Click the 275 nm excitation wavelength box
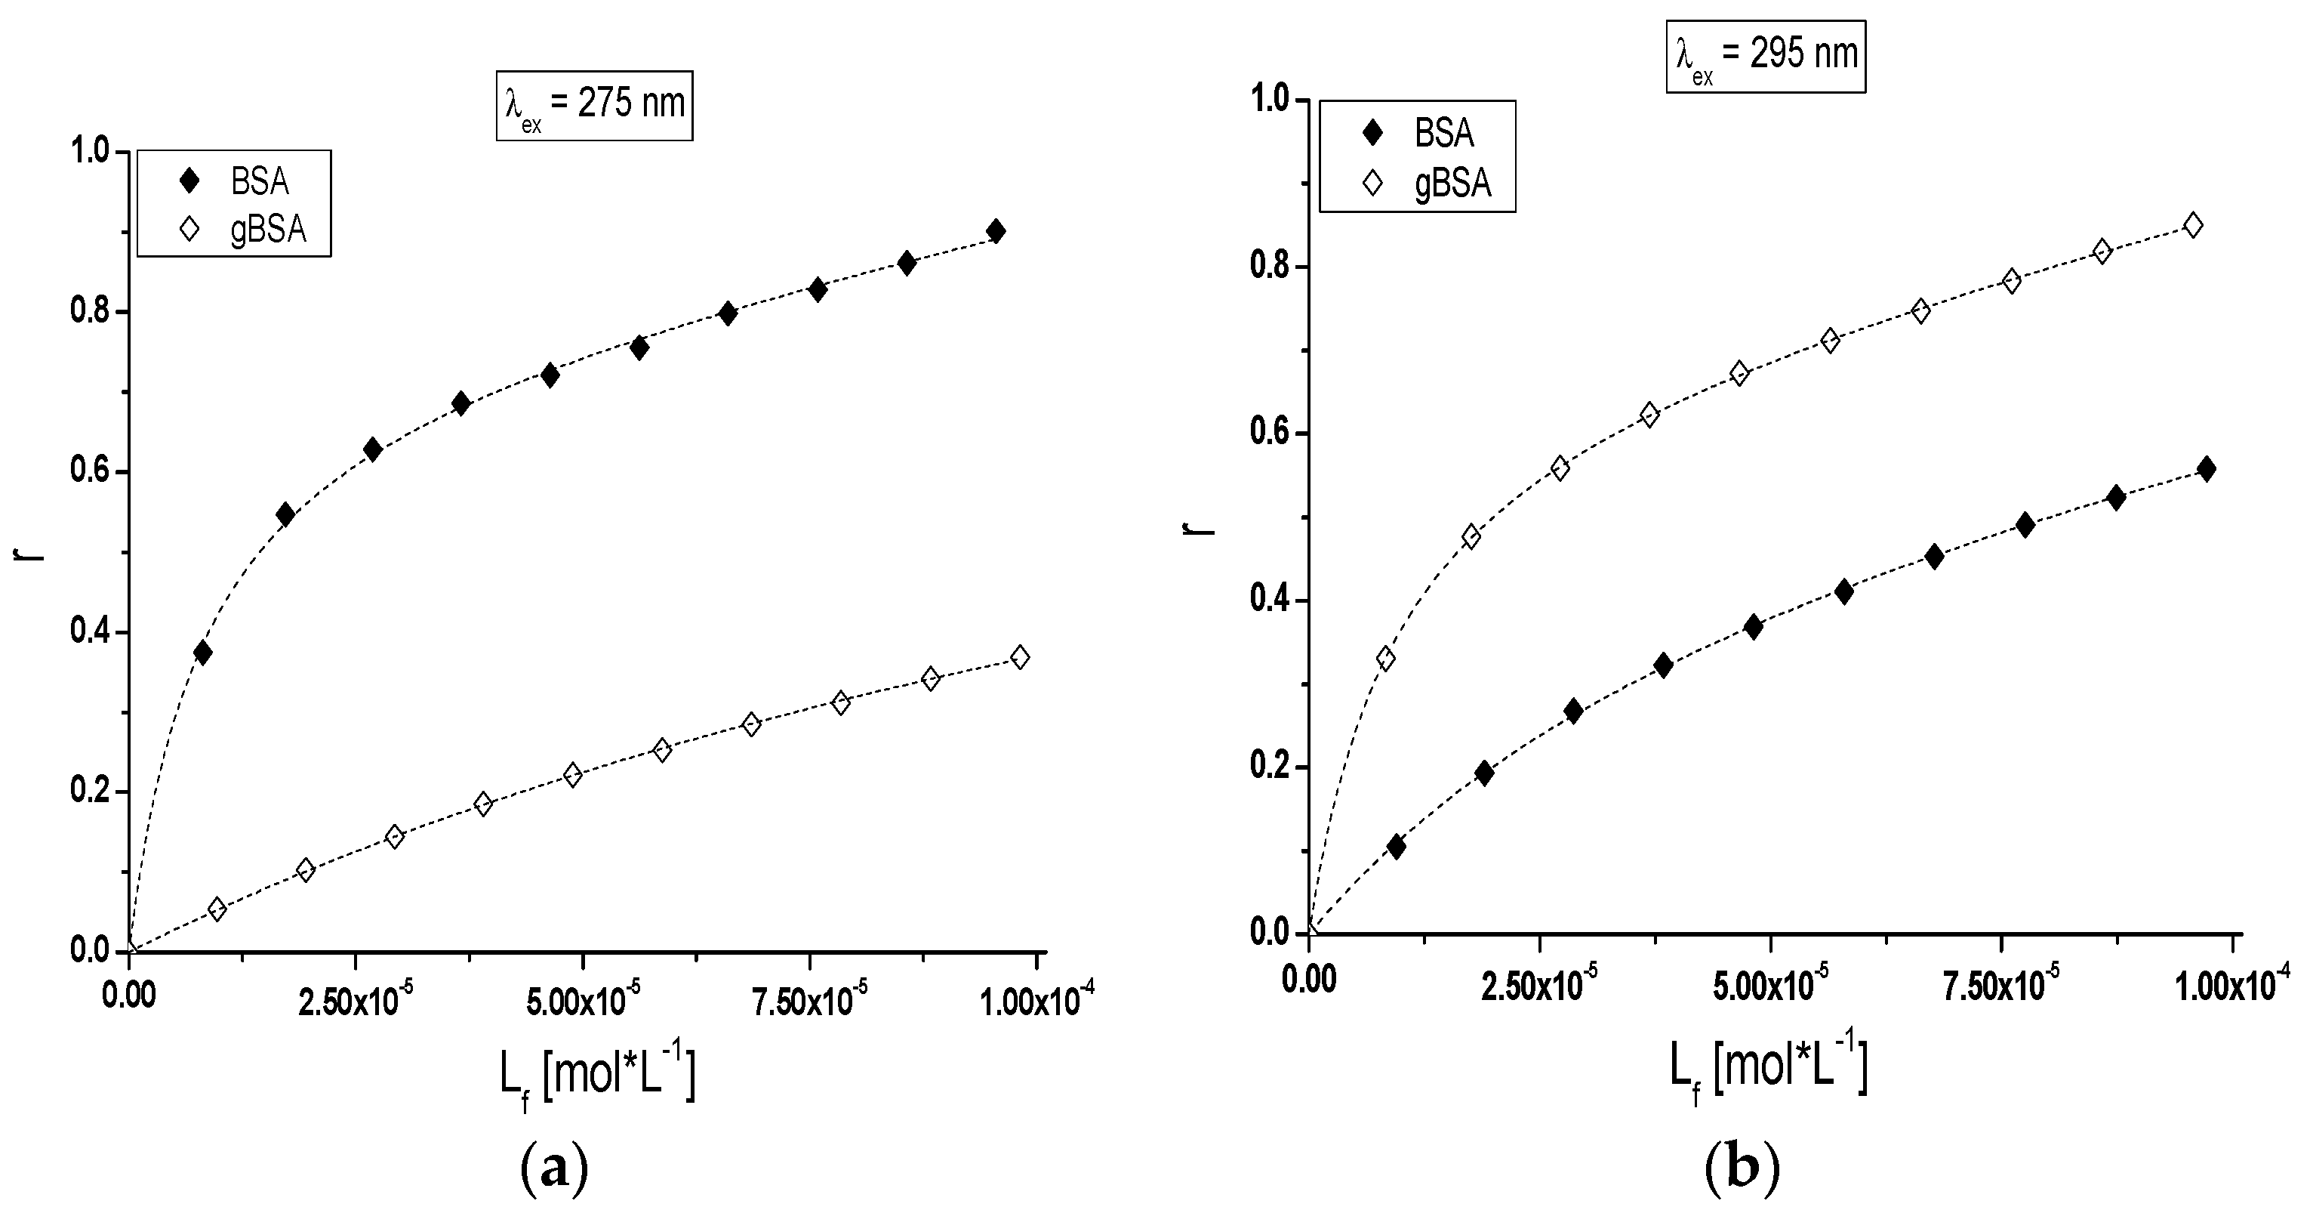pos(594,105)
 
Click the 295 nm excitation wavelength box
pos(1765,56)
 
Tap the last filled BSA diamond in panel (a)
pos(995,231)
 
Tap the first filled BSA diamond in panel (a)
pos(202,653)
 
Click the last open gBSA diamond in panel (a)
pos(1019,658)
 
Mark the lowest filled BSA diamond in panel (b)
pos(1397,846)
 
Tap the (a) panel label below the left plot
pos(554,1168)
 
